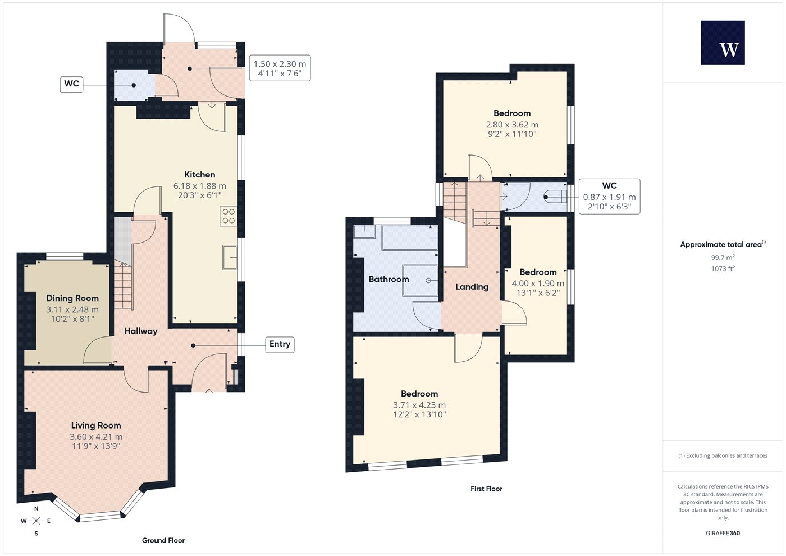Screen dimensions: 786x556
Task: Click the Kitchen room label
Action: click(x=200, y=175)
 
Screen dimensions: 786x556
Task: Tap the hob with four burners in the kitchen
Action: click(x=229, y=216)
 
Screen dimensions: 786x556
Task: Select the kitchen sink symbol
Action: click(x=230, y=257)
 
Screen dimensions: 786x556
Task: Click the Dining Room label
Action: click(x=72, y=298)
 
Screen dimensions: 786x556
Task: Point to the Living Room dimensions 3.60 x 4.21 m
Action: click(x=96, y=437)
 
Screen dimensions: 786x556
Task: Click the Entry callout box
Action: click(x=280, y=344)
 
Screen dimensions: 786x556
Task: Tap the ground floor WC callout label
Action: click(x=72, y=84)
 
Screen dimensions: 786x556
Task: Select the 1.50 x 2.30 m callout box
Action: click(x=280, y=68)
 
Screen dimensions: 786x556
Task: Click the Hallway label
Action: click(x=141, y=331)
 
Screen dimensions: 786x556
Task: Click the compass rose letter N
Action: click(x=36, y=509)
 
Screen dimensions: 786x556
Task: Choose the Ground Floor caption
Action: click(x=163, y=540)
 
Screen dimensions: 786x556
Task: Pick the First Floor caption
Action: click(x=486, y=489)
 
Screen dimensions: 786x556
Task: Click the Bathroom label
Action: click(x=389, y=280)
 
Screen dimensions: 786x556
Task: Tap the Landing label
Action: click(x=472, y=287)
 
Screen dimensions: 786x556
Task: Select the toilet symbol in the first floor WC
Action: click(x=555, y=197)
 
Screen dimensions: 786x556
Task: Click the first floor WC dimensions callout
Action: click(x=610, y=196)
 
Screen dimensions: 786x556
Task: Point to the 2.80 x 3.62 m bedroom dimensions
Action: click(x=512, y=125)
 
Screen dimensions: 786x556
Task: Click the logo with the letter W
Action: click(x=723, y=43)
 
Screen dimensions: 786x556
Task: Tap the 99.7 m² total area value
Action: click(x=723, y=257)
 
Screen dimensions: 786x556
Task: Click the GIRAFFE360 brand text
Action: click(x=723, y=533)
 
